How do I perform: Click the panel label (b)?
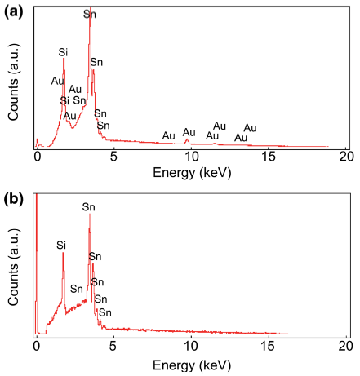pos(14,199)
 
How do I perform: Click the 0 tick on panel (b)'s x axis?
pos(36,345)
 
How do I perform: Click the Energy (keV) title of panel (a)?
pos(189,172)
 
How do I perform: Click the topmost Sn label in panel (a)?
pos(89,15)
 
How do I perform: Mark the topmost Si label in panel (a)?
pos(63,52)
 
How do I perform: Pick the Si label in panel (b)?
pos(61,244)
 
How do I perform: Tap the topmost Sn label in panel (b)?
pos(89,207)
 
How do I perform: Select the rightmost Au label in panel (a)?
pos(250,128)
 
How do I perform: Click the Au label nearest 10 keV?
pos(189,132)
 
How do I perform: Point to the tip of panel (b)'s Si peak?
pos(63,252)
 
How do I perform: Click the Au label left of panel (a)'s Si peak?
pos(57,80)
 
